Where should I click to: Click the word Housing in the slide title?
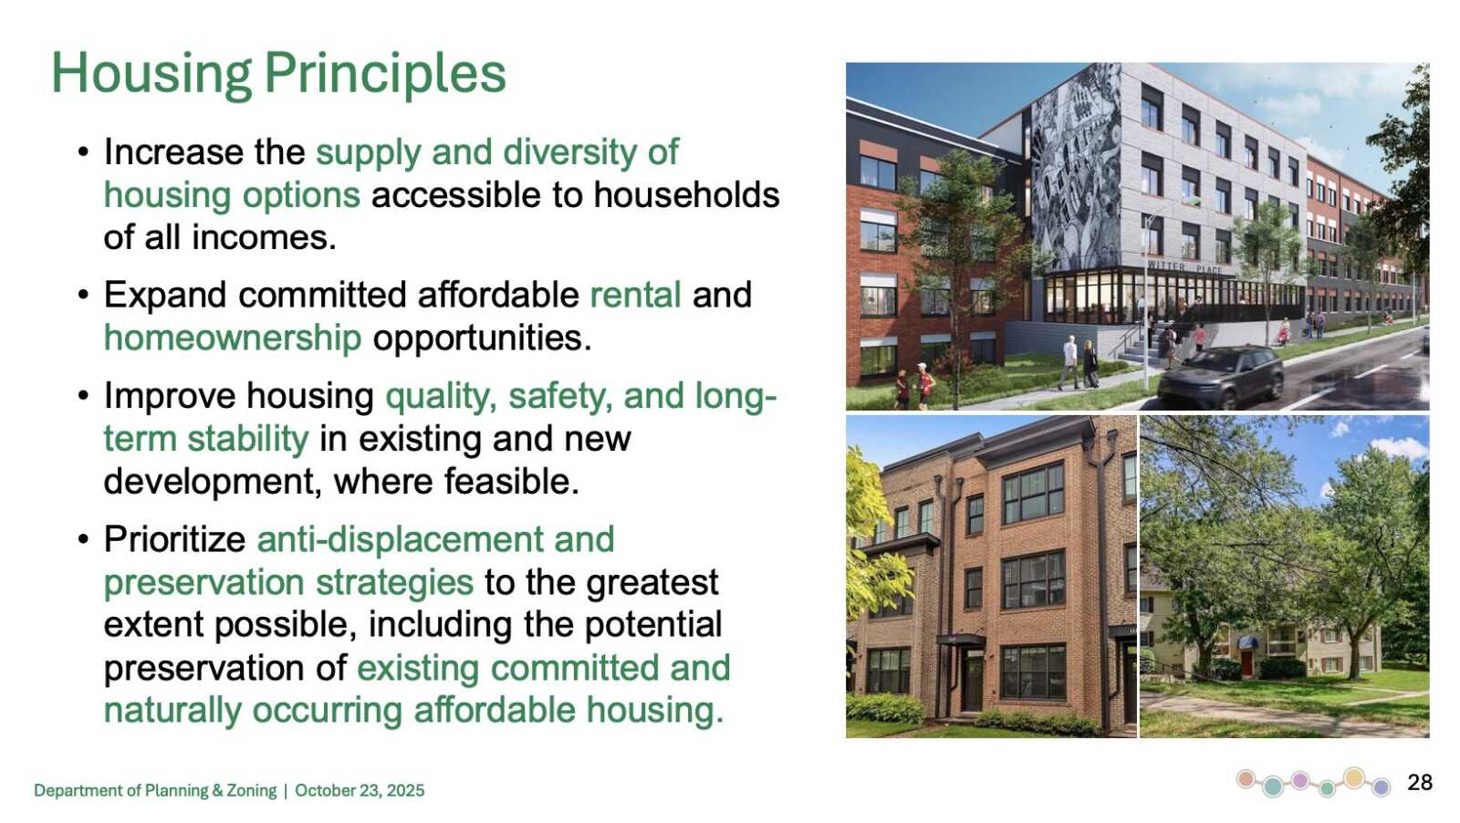click(151, 74)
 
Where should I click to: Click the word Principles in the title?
click(385, 74)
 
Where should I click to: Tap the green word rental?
click(635, 295)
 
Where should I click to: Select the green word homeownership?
click(233, 338)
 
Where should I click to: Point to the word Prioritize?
click(174, 539)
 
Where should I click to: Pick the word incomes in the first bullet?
click(264, 237)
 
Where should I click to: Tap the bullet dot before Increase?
click(83, 152)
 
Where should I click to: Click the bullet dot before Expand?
click(83, 296)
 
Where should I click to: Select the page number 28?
click(1420, 782)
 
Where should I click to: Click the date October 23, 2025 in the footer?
click(360, 790)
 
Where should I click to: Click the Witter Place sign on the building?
click(1184, 267)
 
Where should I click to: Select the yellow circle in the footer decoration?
click(1354, 777)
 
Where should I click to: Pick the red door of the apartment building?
click(1246, 663)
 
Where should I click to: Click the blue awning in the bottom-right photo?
click(1247, 642)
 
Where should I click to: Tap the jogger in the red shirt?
click(923, 386)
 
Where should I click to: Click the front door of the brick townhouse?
click(973, 682)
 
